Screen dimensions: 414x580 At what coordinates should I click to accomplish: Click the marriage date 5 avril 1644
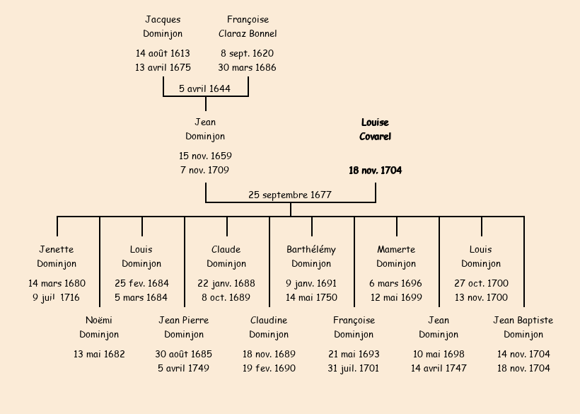tap(205, 88)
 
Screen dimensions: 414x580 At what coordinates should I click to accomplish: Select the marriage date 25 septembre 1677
tap(290, 195)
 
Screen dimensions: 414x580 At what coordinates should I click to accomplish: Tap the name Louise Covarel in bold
tap(375, 130)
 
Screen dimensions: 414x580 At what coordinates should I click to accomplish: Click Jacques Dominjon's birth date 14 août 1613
tap(163, 53)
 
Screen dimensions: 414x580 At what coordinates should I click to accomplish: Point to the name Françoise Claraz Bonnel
tap(248, 26)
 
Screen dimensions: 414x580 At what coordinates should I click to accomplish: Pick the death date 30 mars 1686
tap(248, 68)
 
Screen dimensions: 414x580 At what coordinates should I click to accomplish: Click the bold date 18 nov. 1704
tap(375, 171)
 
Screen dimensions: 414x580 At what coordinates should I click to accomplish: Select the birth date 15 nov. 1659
tap(205, 156)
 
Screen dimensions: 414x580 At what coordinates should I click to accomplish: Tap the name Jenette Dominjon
tap(57, 256)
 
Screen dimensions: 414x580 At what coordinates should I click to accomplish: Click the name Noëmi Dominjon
tap(99, 327)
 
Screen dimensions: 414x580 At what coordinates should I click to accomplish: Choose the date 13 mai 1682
tap(99, 354)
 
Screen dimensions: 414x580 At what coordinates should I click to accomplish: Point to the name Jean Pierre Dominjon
tap(184, 327)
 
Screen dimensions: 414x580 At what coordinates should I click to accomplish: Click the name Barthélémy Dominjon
tap(311, 256)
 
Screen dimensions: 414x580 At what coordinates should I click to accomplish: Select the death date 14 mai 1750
tap(311, 297)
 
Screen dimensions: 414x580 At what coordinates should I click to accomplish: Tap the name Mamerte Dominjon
tap(396, 256)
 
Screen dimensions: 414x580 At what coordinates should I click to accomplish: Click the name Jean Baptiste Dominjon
tap(523, 327)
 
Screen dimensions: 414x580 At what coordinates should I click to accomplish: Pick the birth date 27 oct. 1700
tap(481, 283)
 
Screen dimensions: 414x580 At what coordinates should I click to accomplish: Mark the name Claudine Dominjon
tap(269, 327)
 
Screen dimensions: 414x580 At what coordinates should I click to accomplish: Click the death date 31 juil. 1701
tap(354, 368)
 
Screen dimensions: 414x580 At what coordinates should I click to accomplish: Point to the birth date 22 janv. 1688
tap(226, 283)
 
